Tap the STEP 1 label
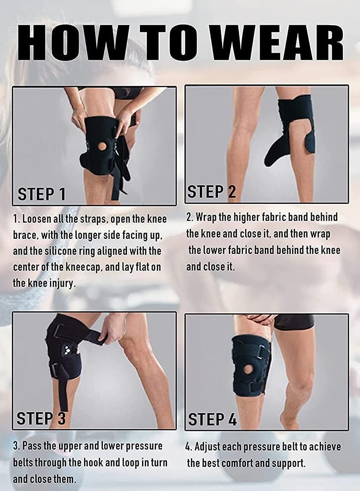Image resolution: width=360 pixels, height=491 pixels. [42, 194]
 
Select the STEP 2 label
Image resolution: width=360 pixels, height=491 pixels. [211, 192]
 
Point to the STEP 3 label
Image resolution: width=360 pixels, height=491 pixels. [41, 418]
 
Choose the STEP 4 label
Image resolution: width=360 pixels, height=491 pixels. [212, 419]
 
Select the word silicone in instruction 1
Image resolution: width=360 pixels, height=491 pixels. [105, 251]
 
